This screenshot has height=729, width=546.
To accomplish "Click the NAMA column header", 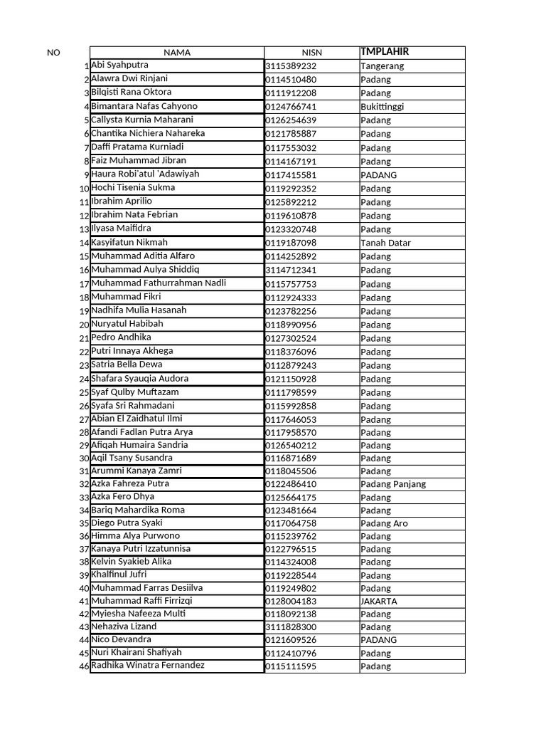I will coord(177,53).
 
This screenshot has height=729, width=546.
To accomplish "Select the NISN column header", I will coord(311,53).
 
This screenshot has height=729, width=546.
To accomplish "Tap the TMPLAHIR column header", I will coord(385,52).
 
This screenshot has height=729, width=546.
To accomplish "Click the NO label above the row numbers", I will coord(53,53).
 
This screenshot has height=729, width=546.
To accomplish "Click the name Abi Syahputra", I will coord(119,65).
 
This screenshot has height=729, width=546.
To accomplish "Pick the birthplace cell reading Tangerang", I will coord(382,66).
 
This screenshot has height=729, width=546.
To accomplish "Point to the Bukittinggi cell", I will coord(382,107).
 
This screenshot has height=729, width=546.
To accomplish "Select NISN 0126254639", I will coord(291,120).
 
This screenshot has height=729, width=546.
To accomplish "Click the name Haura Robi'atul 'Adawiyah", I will coord(145,174).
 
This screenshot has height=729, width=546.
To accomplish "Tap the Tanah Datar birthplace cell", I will coord(385,243).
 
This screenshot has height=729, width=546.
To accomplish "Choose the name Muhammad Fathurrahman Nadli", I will coord(159,283).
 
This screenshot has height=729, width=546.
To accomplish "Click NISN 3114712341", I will coord(291,270).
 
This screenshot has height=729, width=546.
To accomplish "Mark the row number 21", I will coord(85,338).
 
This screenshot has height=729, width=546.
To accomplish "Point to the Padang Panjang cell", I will coord(393,484).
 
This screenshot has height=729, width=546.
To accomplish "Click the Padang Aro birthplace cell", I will coord(384,523).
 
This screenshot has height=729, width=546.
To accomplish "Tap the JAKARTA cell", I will coord(379,601).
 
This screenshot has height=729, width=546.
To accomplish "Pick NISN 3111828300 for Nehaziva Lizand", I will coord(291,627).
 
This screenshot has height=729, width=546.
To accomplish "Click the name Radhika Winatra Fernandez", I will coord(148,665).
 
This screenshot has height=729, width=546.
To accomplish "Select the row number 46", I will coord(85,666).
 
